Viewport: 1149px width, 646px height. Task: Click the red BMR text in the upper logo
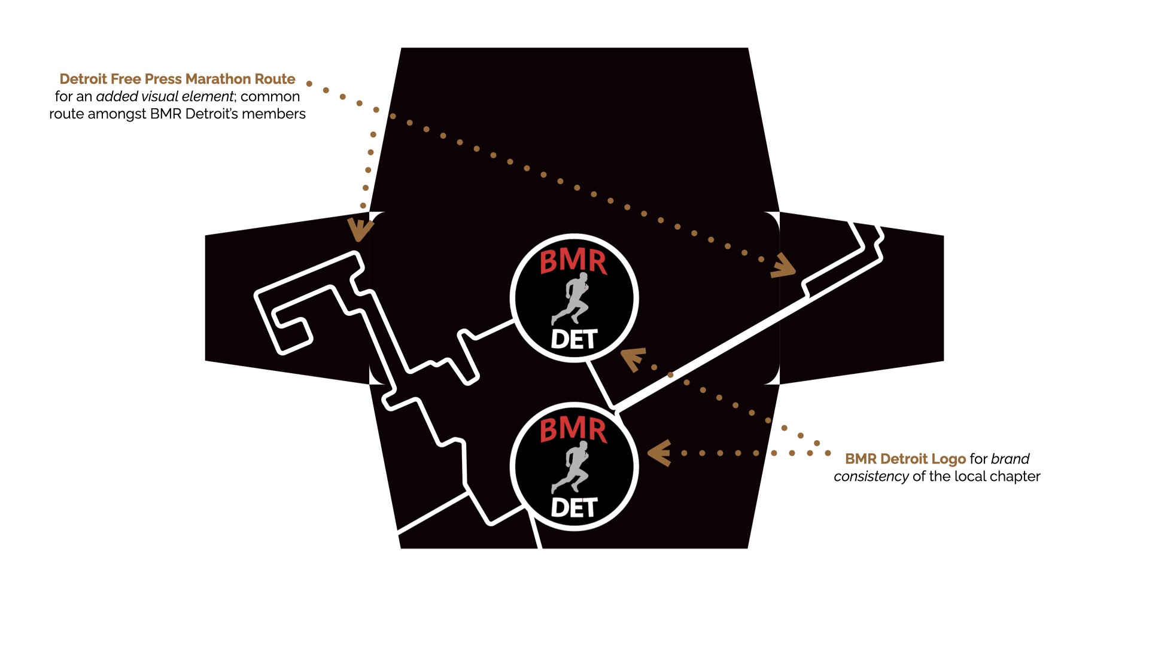[x=573, y=263]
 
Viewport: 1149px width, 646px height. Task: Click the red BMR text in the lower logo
[x=573, y=431]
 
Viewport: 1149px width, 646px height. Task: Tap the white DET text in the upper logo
[x=574, y=339]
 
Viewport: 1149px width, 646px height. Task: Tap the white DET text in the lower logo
[x=574, y=508]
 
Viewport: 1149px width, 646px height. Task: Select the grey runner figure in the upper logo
[x=573, y=298]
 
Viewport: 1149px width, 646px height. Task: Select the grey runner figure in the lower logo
[x=573, y=467]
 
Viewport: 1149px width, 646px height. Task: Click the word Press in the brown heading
[x=163, y=79]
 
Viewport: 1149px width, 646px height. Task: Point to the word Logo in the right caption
[x=949, y=459]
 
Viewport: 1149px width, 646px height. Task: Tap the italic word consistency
[x=871, y=477]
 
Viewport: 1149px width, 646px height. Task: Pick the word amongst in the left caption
[x=117, y=114]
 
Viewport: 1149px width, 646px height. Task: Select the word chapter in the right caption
[x=1017, y=477]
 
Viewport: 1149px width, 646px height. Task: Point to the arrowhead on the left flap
[x=359, y=230]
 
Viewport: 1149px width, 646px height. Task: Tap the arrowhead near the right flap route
[x=784, y=266]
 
